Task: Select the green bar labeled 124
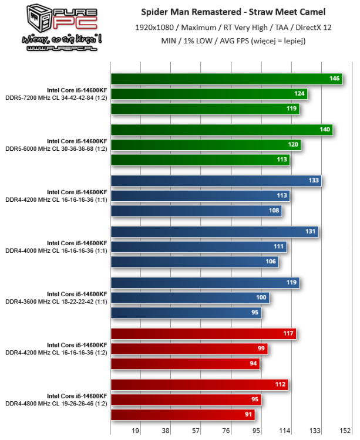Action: [208, 93]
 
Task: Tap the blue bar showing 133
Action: [216, 181]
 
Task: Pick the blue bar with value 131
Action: [214, 232]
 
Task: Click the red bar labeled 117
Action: [203, 334]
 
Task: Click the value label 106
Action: [271, 262]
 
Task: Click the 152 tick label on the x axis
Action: [345, 431]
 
